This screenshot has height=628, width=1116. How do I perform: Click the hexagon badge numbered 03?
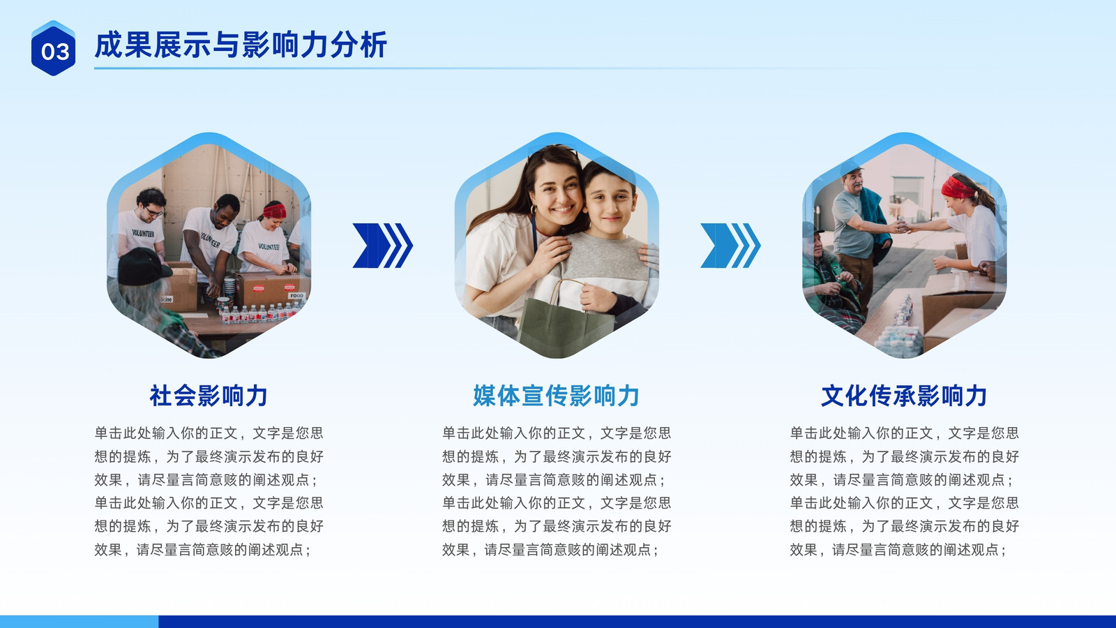(x=53, y=48)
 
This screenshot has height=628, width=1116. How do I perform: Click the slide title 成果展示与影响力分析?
(x=241, y=45)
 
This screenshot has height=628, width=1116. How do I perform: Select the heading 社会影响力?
(x=209, y=396)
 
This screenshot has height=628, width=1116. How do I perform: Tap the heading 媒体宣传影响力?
(x=556, y=396)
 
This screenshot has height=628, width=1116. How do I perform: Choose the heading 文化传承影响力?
(x=904, y=396)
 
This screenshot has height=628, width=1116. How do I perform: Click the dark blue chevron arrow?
(x=383, y=245)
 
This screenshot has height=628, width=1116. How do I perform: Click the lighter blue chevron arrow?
(x=730, y=245)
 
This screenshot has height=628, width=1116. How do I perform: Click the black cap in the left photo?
(x=143, y=267)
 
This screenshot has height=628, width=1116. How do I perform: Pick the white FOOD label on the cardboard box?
(x=296, y=296)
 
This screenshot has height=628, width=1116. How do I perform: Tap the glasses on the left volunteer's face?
(x=152, y=211)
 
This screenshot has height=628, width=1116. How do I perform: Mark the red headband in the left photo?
(x=275, y=211)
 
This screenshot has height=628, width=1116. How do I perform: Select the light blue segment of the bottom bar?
(x=80, y=622)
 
